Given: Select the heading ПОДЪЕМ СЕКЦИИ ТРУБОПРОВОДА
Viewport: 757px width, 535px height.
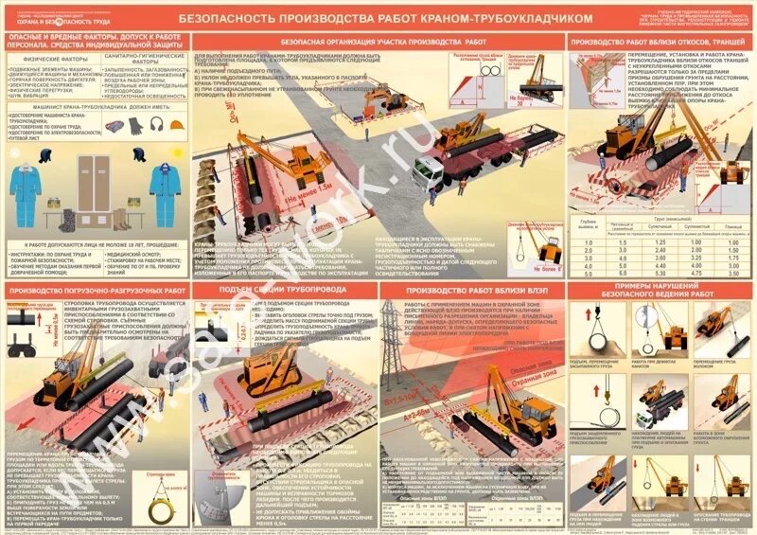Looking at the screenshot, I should [x=284, y=288].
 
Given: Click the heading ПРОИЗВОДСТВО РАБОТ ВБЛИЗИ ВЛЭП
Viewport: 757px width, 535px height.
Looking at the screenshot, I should [x=473, y=288].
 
